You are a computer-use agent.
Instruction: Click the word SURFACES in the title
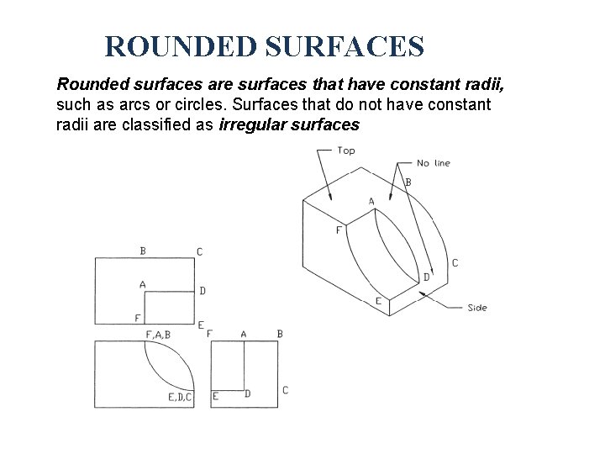(x=345, y=46)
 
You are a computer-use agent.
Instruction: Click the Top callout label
(x=346, y=150)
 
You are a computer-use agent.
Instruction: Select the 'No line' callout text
(x=434, y=162)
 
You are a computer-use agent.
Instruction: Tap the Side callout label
(x=477, y=308)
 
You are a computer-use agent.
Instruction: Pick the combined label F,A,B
(x=158, y=335)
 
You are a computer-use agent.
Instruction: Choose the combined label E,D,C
(x=180, y=397)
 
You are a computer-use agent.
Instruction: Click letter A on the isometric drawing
(x=372, y=201)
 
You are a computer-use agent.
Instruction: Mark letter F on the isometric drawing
(x=339, y=230)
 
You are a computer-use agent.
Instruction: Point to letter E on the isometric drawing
(x=378, y=301)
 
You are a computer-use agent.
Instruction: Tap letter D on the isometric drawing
(x=427, y=277)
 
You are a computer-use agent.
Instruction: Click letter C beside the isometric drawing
(x=455, y=263)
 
